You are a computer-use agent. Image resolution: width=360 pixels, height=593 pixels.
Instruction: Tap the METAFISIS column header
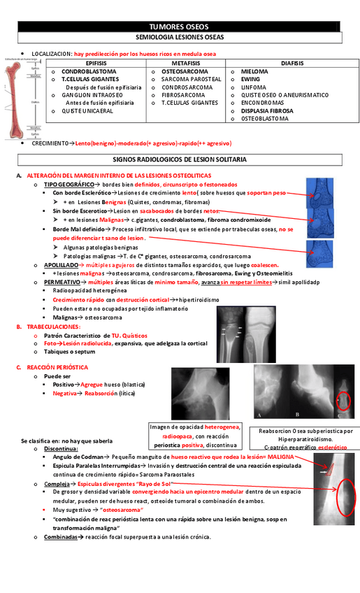(186, 63)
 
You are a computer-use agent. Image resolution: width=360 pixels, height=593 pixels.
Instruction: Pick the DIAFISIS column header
(293, 63)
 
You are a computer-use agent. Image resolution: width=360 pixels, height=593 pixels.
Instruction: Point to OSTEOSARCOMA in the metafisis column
(185, 72)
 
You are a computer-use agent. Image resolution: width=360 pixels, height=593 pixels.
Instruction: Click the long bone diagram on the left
(19, 98)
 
